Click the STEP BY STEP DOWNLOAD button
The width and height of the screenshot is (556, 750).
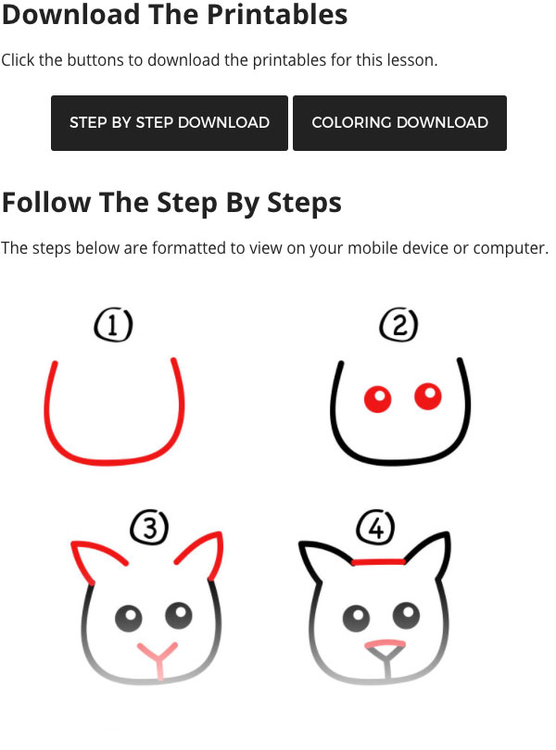170,123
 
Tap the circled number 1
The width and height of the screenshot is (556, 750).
113,325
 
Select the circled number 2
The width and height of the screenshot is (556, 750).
398,324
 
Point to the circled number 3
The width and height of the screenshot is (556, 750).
149,527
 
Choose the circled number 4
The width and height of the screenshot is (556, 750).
376,527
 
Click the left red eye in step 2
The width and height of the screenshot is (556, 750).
378,399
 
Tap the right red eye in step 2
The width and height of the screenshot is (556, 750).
427,396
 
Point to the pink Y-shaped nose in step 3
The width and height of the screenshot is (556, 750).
158,657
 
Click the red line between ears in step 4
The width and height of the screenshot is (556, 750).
378,562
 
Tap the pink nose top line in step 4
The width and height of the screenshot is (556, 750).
385,644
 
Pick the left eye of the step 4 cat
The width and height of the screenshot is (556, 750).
356,619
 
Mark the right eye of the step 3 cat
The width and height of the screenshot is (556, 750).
179,615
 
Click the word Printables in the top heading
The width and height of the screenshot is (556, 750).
277,14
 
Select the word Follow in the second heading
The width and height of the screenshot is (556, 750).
46,203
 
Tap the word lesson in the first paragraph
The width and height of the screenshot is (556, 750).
412,60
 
